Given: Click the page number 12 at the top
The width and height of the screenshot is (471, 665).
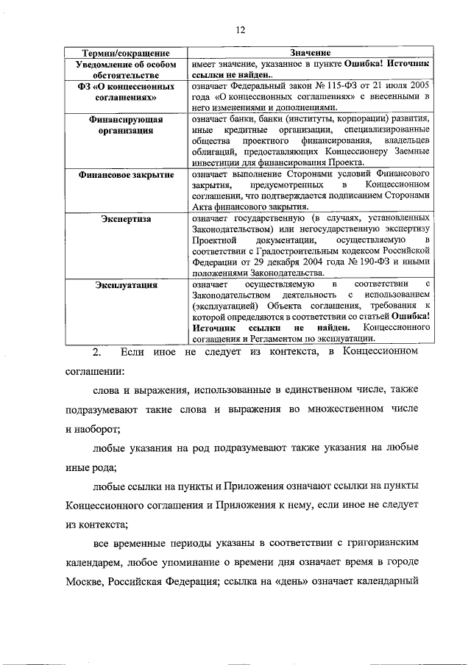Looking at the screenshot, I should pos(239,30).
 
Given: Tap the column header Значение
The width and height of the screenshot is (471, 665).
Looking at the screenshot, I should pos(310,54).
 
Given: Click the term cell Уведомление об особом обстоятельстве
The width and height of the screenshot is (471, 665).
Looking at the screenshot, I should pos(126,70).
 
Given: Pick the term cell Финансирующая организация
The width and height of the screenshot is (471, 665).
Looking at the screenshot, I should pos(126,124).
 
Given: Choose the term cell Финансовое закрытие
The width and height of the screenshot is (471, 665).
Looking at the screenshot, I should pos(126,175).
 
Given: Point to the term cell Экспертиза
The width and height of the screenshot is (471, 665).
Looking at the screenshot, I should pos(126,218).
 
